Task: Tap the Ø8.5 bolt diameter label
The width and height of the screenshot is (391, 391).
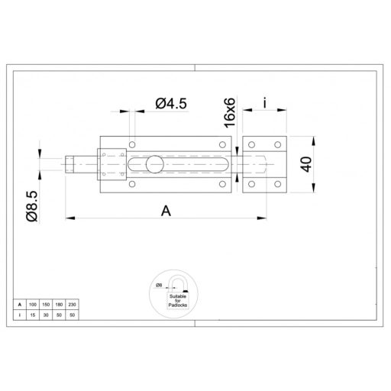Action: coord(31,206)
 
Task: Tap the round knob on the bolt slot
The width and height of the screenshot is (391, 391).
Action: coord(154,163)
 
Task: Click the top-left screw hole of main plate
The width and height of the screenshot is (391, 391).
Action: coord(132,143)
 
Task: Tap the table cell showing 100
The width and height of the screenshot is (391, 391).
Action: coord(33,304)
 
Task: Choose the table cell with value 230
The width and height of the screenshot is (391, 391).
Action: coord(72,304)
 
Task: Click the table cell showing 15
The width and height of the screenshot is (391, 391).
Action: coord(33,314)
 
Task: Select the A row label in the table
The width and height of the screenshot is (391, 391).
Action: coord(18,304)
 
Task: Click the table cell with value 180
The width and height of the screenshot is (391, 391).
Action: coord(59,304)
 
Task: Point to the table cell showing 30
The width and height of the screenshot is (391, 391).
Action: coord(46,314)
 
